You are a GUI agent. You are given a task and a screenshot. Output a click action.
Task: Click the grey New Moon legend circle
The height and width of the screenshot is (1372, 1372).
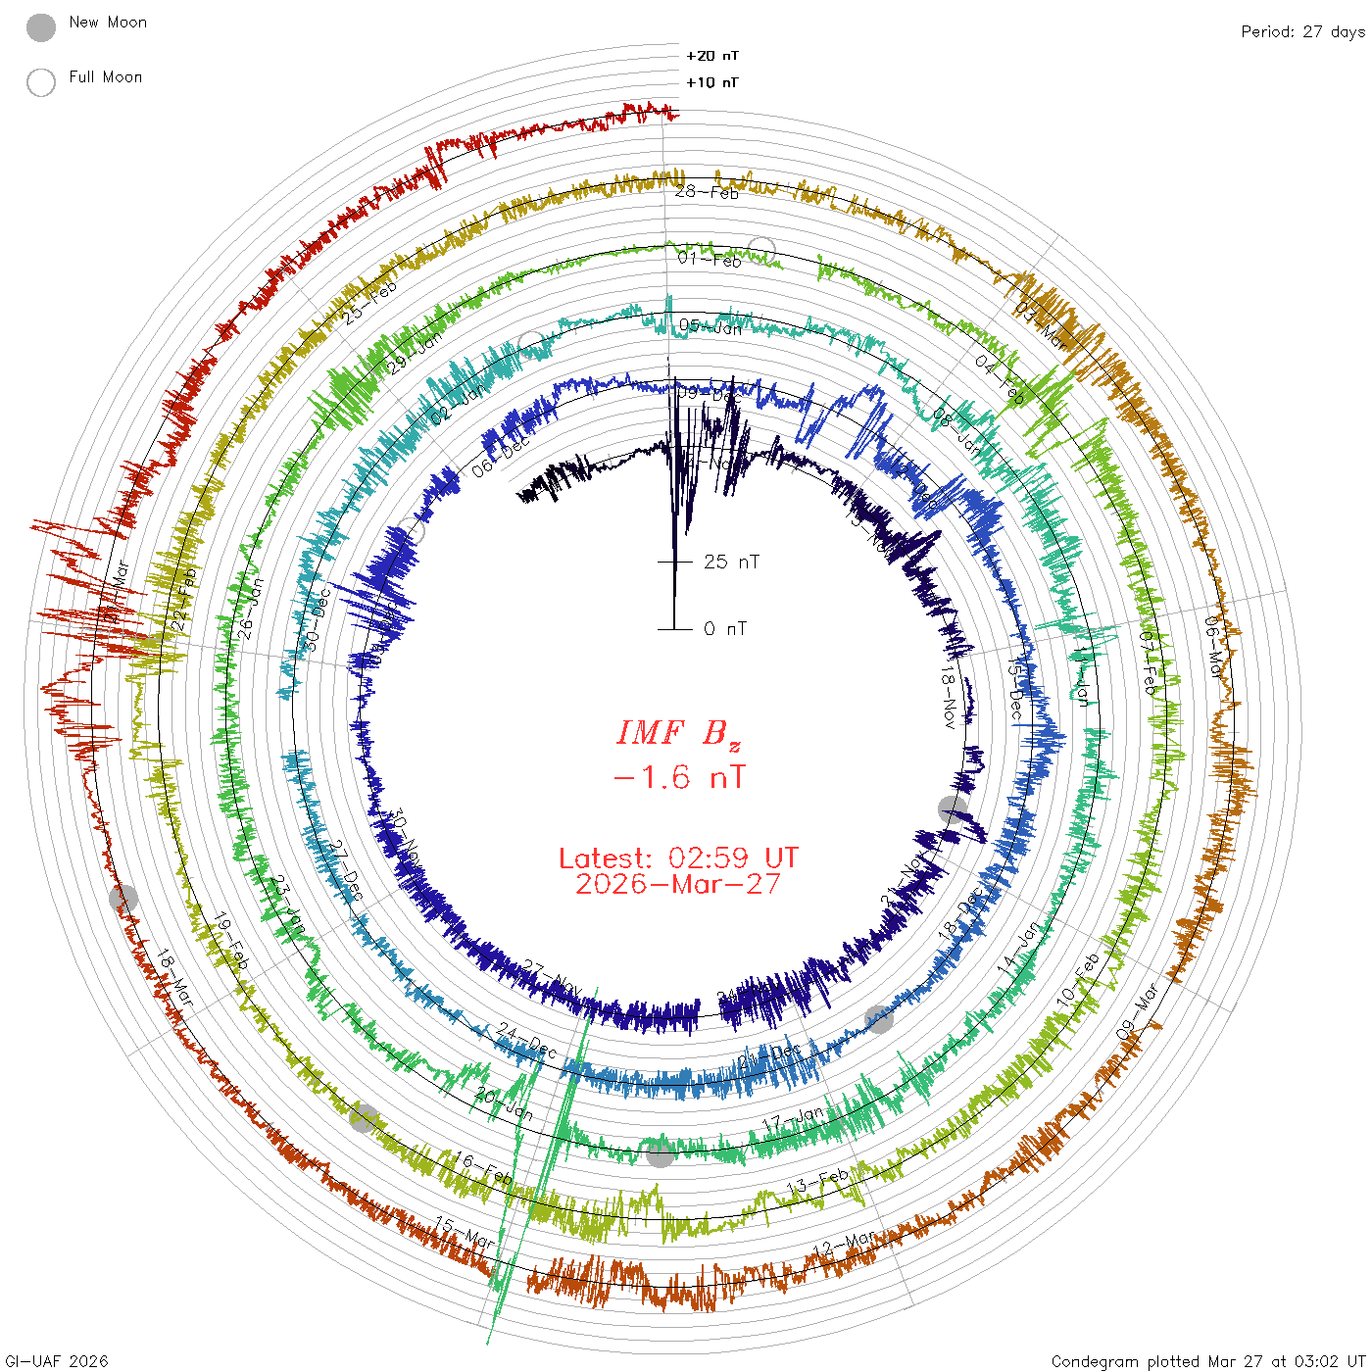[41, 28]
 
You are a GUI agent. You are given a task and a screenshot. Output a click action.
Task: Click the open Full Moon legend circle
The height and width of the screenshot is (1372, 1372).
[41, 83]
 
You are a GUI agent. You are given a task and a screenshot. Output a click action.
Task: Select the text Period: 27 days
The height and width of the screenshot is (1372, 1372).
[1302, 32]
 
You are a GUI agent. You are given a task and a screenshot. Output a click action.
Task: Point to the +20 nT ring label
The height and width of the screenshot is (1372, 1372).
[712, 57]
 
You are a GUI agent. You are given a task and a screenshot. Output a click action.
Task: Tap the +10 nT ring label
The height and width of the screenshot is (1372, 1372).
[712, 83]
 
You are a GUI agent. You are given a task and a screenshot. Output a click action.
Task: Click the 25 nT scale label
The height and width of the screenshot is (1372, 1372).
[731, 563]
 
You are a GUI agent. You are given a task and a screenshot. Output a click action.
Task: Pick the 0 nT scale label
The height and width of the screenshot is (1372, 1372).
[725, 629]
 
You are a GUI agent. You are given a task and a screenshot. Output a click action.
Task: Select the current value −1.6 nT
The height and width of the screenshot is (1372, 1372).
[678, 779]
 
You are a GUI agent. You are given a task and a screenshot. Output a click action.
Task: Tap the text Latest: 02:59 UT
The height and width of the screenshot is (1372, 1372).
[678, 858]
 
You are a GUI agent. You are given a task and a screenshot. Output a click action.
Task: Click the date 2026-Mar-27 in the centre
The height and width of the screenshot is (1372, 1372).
[678, 885]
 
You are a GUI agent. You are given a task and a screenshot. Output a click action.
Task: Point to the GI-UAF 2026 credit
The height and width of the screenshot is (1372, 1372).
[57, 1361]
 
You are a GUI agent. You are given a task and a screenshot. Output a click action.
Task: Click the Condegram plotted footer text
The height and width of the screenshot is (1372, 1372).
[1207, 1361]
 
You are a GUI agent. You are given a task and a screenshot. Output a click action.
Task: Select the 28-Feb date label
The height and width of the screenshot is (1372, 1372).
[707, 192]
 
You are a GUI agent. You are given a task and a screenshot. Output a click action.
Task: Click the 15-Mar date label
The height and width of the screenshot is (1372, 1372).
[465, 1233]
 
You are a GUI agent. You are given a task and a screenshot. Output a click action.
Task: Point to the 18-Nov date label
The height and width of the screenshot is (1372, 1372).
[948, 697]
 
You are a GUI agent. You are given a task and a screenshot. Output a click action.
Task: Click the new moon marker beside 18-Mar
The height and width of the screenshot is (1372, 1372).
[123, 898]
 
